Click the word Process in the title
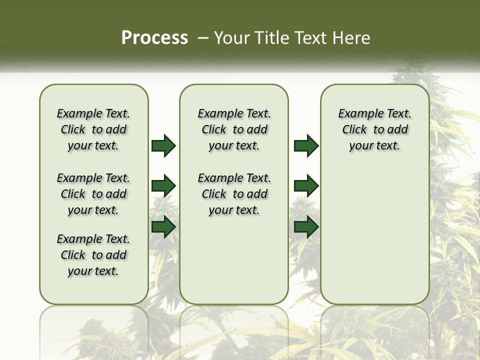tap(154, 38)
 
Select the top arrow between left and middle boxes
tap(163, 146)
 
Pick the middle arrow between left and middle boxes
tap(163, 186)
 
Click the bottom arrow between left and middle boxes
tap(163, 226)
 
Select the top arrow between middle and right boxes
tap(306, 146)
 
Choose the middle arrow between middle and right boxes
tap(306, 186)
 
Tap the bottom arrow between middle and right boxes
tap(306, 226)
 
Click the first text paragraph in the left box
tap(93, 129)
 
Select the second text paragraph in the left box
tap(93, 194)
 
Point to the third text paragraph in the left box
tap(93, 255)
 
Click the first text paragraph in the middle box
tap(234, 129)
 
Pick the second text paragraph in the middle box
tap(234, 194)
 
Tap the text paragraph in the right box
tap(375, 129)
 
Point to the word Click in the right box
tap(354, 130)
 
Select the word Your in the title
tap(232, 38)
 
